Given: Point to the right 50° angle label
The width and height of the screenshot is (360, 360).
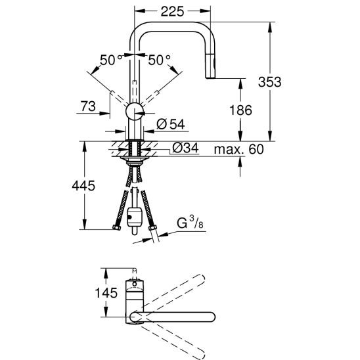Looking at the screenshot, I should coord(159,60).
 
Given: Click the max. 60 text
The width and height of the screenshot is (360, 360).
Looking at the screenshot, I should coord(237,150).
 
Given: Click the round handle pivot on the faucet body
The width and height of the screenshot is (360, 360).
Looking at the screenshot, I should coord(135,111).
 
